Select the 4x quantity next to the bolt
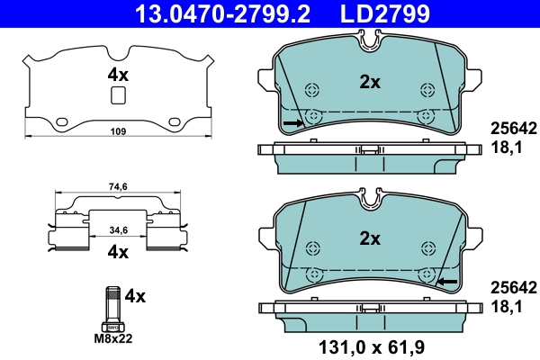(x=135, y=295)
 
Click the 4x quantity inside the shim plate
(x=119, y=76)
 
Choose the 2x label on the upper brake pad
(x=370, y=82)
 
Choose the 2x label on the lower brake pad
(x=370, y=238)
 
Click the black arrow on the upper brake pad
(x=292, y=121)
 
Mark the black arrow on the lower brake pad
(x=447, y=283)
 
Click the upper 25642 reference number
(x=512, y=128)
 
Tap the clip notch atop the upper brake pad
(x=370, y=38)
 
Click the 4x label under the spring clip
(x=119, y=253)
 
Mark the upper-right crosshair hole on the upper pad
(x=428, y=89)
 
